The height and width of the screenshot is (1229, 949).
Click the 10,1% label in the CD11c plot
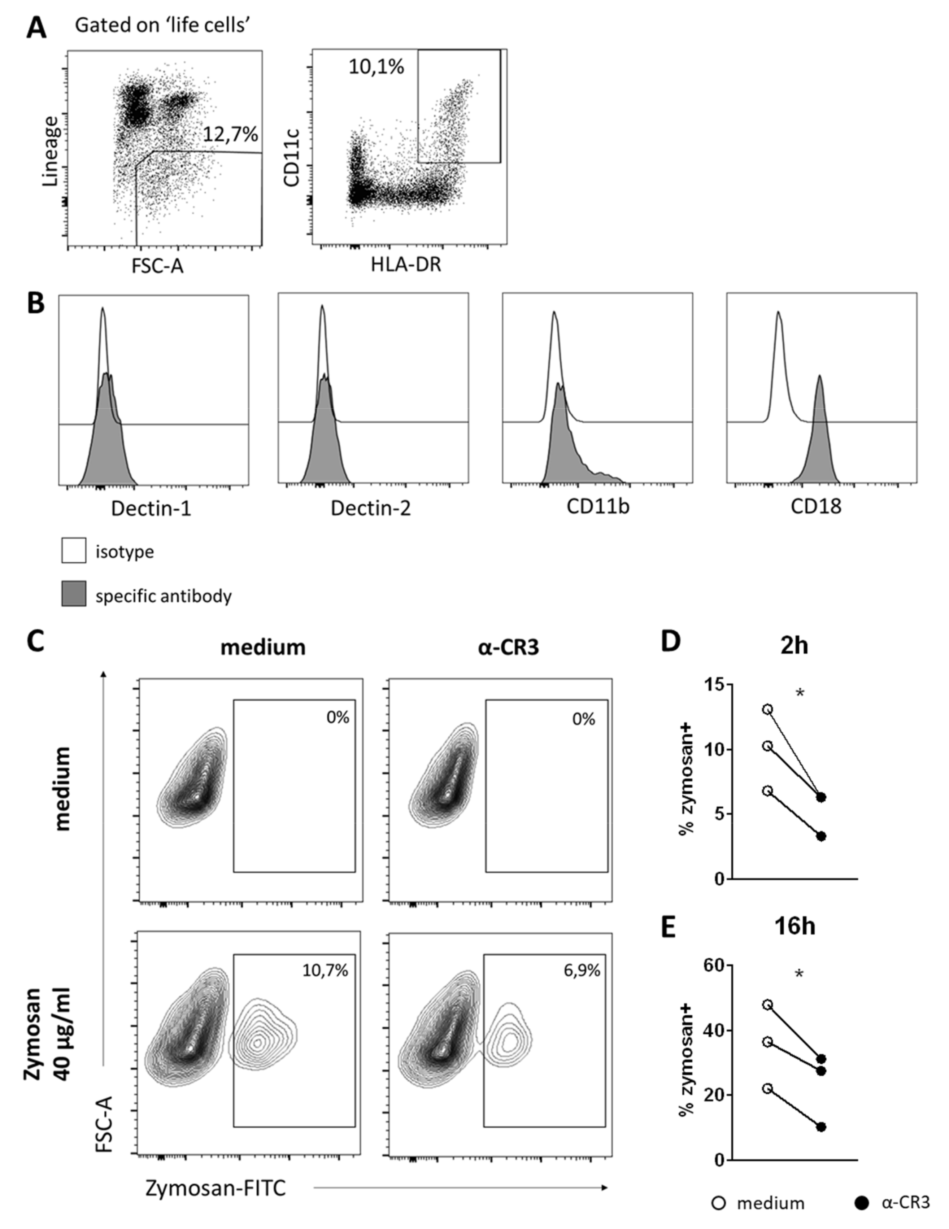[x=376, y=67]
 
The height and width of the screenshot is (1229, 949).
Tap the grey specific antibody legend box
[x=74, y=594]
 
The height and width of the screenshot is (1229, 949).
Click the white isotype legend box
[x=74, y=550]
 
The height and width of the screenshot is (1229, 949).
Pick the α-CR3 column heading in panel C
[x=508, y=647]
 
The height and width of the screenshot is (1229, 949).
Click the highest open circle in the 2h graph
[x=767, y=710]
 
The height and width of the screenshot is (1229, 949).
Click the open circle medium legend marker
[x=719, y=1203]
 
